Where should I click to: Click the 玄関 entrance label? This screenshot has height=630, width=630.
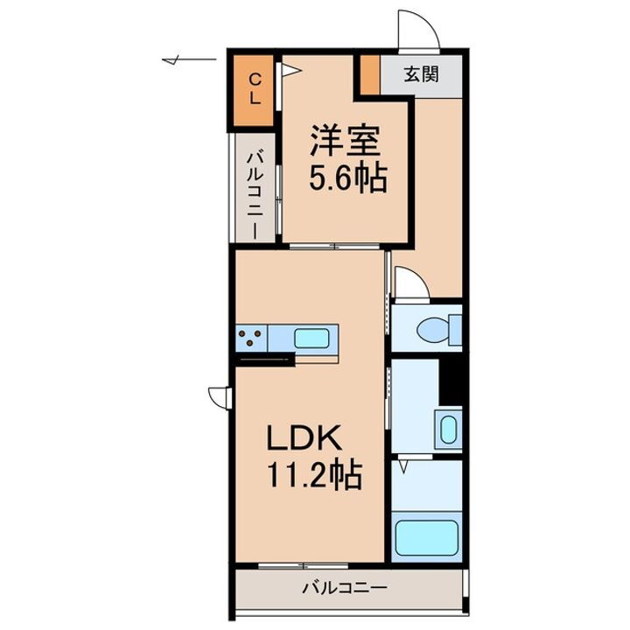(x=421, y=74)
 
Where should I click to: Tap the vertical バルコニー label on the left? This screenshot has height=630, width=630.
(x=253, y=194)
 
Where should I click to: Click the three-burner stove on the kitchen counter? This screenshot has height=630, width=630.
(x=252, y=337)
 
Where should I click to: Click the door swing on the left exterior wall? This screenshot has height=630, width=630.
(x=219, y=396)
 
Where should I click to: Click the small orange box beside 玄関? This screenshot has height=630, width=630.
(x=368, y=74)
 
